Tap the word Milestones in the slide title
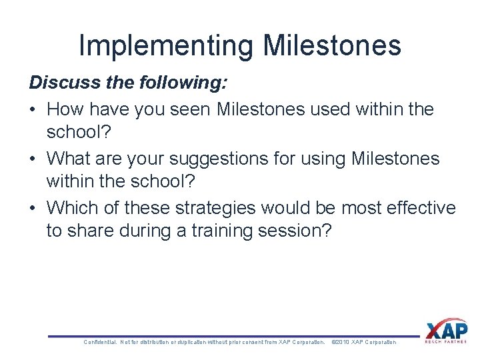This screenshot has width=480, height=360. pos(332,45)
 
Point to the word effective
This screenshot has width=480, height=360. pos(419,208)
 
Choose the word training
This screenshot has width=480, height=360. pos(211,231)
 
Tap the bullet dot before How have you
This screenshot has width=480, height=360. pos(33,109)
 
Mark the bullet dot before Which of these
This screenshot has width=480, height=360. pos(33,209)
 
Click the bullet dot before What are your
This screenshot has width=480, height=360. pos(33,159)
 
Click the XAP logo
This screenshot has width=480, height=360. pos(445,330)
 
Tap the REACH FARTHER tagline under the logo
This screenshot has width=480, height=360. pos(445,342)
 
